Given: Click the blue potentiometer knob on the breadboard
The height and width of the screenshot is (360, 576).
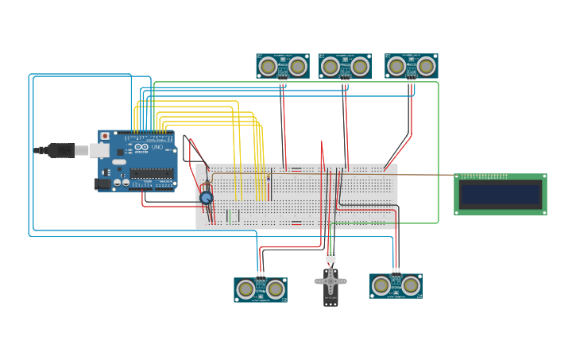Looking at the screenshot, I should [x=206, y=197].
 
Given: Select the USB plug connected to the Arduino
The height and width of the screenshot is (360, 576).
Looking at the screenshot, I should [x=61, y=150].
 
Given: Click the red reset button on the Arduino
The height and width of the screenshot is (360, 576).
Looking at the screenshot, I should [x=105, y=137].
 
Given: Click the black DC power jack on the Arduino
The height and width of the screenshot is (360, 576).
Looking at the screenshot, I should [x=102, y=184].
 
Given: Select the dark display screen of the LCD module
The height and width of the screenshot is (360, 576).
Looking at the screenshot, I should [x=501, y=194].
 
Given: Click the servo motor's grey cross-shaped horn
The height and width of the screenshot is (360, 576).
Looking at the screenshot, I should [x=331, y=280].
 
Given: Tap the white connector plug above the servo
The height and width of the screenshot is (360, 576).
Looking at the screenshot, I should [x=331, y=257].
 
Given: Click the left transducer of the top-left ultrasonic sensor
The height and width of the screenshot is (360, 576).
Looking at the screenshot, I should [x=269, y=66].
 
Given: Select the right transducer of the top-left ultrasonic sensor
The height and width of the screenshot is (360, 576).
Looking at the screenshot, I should [x=297, y=66].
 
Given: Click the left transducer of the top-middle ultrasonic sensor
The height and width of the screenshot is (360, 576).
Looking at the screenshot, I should [x=331, y=66].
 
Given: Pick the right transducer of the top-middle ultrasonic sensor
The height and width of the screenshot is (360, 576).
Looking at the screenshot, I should [x=360, y=66].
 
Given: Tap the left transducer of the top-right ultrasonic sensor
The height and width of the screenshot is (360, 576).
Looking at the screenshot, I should [x=397, y=66].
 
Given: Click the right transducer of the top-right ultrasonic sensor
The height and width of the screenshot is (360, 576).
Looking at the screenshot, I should [x=426, y=66].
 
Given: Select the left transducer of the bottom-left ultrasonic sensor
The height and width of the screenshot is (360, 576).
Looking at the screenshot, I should [x=246, y=289].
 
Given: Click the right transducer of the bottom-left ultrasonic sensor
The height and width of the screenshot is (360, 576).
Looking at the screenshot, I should [x=275, y=289].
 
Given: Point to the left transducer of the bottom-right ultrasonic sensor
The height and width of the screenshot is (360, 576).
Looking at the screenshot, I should [x=382, y=285].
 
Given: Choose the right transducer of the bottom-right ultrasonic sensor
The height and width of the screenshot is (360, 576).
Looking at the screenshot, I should [x=411, y=285].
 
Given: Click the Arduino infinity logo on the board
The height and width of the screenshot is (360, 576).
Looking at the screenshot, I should [x=141, y=147].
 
